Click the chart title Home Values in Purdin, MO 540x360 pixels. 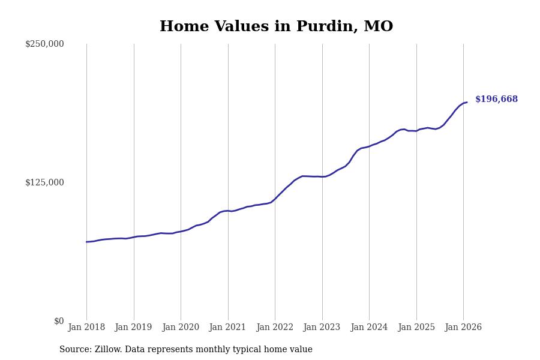pyautogui.click(x=276, y=27)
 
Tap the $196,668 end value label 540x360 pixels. pyautogui.click(x=496, y=100)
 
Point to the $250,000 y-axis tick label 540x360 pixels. pyautogui.click(x=44, y=44)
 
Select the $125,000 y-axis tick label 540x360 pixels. pyautogui.click(x=44, y=182)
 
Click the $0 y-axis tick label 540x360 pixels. pyautogui.click(x=59, y=321)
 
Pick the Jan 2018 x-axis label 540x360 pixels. pyautogui.click(x=86, y=328)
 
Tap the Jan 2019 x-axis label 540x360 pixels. pyautogui.click(x=134, y=328)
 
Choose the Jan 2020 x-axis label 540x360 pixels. pyautogui.click(x=181, y=328)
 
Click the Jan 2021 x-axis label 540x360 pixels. pyautogui.click(x=228, y=328)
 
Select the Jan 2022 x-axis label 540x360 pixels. pyautogui.click(x=275, y=328)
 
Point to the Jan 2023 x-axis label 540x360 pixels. pyautogui.click(x=322, y=328)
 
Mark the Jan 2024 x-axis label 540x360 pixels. pyautogui.click(x=369, y=328)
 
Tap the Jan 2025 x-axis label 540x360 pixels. pyautogui.click(x=416, y=328)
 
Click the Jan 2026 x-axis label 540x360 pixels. pyautogui.click(x=463, y=328)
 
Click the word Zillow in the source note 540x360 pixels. pyautogui.click(x=108, y=350)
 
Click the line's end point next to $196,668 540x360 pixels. pyautogui.click(x=467, y=103)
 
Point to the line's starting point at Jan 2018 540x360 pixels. pyautogui.click(x=86, y=242)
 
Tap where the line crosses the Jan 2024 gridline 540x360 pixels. pyautogui.click(x=369, y=146)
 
